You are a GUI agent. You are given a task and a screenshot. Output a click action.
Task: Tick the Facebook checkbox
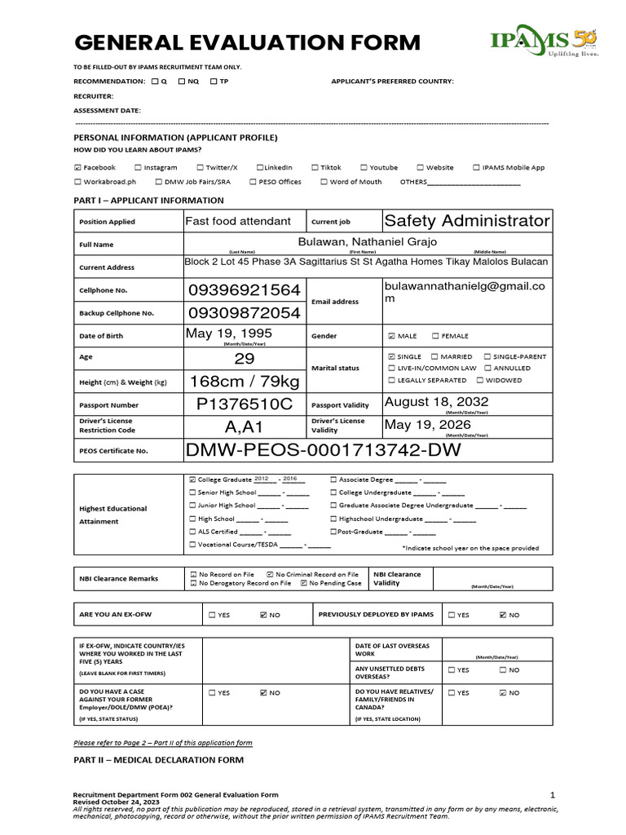pyautogui.click(x=77, y=168)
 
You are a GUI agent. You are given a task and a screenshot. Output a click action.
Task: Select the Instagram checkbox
pyautogui.click(x=138, y=168)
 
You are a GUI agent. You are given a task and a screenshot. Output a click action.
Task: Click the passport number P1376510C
pyautogui.click(x=245, y=404)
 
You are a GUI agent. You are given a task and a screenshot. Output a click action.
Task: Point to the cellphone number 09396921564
pyautogui.click(x=245, y=290)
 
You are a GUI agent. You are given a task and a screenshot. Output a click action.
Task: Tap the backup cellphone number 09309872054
pyautogui.click(x=245, y=313)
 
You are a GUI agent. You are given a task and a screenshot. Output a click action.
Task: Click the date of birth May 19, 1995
pyautogui.click(x=229, y=334)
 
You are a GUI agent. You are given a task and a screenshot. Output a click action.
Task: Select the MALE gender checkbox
pyautogui.click(x=392, y=336)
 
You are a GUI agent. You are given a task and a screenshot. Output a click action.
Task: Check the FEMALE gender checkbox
pyautogui.click(x=434, y=336)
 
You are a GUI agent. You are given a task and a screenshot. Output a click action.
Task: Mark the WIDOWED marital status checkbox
pyautogui.click(x=480, y=380)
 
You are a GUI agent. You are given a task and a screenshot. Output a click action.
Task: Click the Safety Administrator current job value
pyautogui.click(x=466, y=221)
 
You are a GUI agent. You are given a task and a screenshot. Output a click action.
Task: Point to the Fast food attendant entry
pyautogui.click(x=238, y=221)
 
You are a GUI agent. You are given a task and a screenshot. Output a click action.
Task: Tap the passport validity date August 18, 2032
pyautogui.click(x=436, y=402)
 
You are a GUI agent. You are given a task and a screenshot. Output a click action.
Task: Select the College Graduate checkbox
pyautogui.click(x=192, y=480)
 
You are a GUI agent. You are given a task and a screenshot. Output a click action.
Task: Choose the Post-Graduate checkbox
pyautogui.click(x=333, y=532)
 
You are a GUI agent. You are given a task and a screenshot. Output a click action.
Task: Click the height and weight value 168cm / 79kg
pyautogui.click(x=245, y=382)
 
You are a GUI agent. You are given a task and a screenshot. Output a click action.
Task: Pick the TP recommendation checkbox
pyautogui.click(x=214, y=82)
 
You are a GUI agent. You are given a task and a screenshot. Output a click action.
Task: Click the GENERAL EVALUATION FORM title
pyautogui.click(x=247, y=42)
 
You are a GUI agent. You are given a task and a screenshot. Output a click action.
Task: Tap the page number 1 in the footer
pyautogui.click(x=552, y=794)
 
